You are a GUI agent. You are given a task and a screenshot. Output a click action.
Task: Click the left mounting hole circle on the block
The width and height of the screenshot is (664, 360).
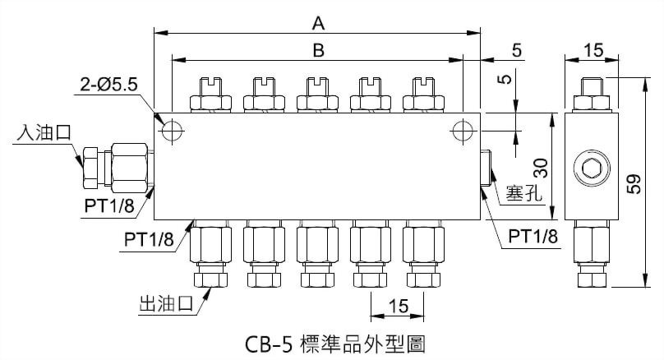tap(173, 131)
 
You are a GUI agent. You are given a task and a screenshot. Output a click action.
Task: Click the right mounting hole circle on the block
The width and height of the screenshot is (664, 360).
tap(461, 131)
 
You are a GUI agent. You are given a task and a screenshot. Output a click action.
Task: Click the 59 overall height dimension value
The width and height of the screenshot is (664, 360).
tap(634, 182)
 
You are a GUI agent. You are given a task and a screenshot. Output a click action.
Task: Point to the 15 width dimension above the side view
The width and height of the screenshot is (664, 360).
tap(593, 51)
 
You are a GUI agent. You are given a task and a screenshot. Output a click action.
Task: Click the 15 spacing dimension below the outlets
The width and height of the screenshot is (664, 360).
tap(398, 306)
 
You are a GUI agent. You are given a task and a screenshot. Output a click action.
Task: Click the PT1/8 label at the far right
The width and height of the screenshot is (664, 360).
tap(533, 237)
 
